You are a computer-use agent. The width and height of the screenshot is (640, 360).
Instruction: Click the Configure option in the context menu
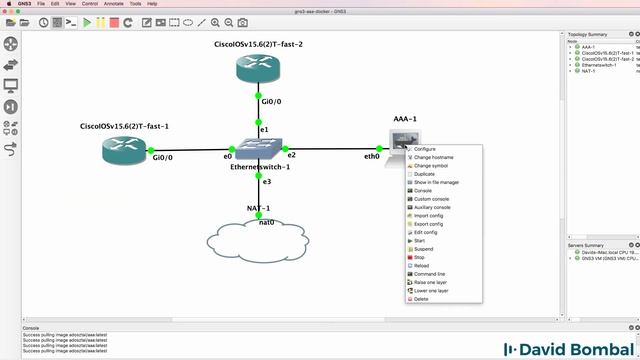tap(424, 149)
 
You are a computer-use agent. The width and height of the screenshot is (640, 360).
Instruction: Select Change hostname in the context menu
tap(434, 157)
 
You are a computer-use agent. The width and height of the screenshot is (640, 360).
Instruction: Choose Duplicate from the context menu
tap(425, 174)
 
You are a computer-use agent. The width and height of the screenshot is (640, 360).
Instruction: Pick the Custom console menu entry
tap(431, 198)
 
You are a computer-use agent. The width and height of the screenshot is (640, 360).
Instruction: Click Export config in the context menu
tap(429, 224)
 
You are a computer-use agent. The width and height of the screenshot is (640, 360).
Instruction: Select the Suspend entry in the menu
tap(425, 249)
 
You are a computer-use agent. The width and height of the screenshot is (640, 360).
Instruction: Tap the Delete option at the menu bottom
tap(421, 299)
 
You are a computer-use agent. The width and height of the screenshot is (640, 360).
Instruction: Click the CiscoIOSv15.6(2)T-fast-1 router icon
tap(122, 151)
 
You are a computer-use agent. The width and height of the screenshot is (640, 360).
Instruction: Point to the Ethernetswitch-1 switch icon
tap(257, 151)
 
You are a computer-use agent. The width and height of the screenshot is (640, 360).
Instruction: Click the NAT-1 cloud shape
tap(259, 241)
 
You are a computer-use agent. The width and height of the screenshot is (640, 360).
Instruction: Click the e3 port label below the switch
tap(266, 181)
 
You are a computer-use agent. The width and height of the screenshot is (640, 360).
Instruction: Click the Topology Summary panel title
tap(589, 34)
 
